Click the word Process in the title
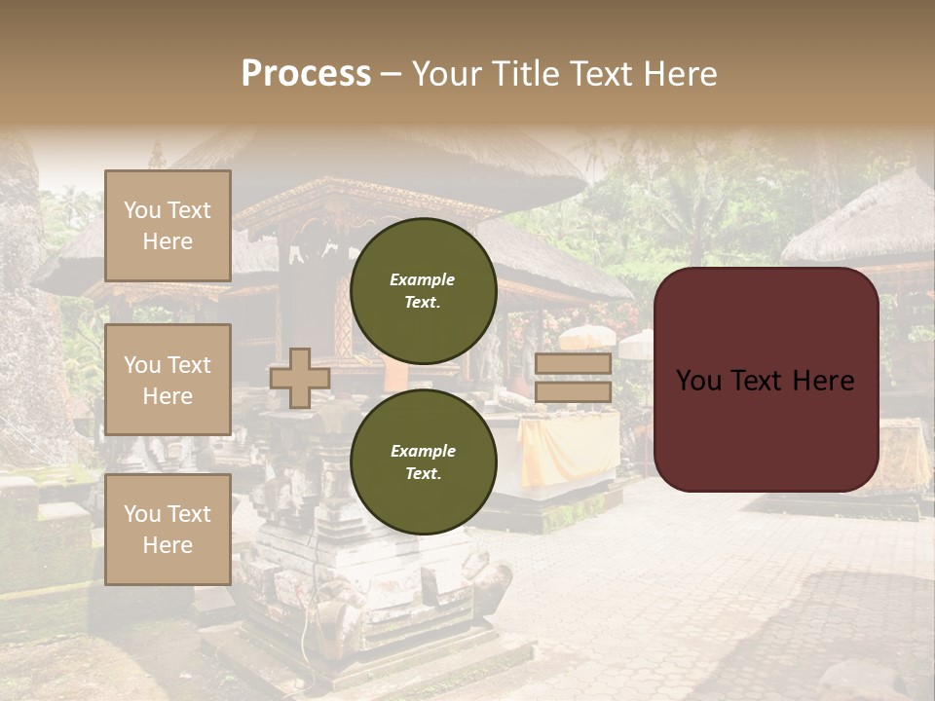coord(306,74)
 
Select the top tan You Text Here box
coord(168,226)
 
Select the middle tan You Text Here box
coord(168,380)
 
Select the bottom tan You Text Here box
coord(168,529)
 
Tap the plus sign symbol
coord(300,378)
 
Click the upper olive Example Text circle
coord(423,290)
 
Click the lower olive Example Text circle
coord(423,461)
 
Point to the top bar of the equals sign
coord(573,363)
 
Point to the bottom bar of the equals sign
coord(573,391)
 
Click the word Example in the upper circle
coord(423,279)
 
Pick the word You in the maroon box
coord(697,381)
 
